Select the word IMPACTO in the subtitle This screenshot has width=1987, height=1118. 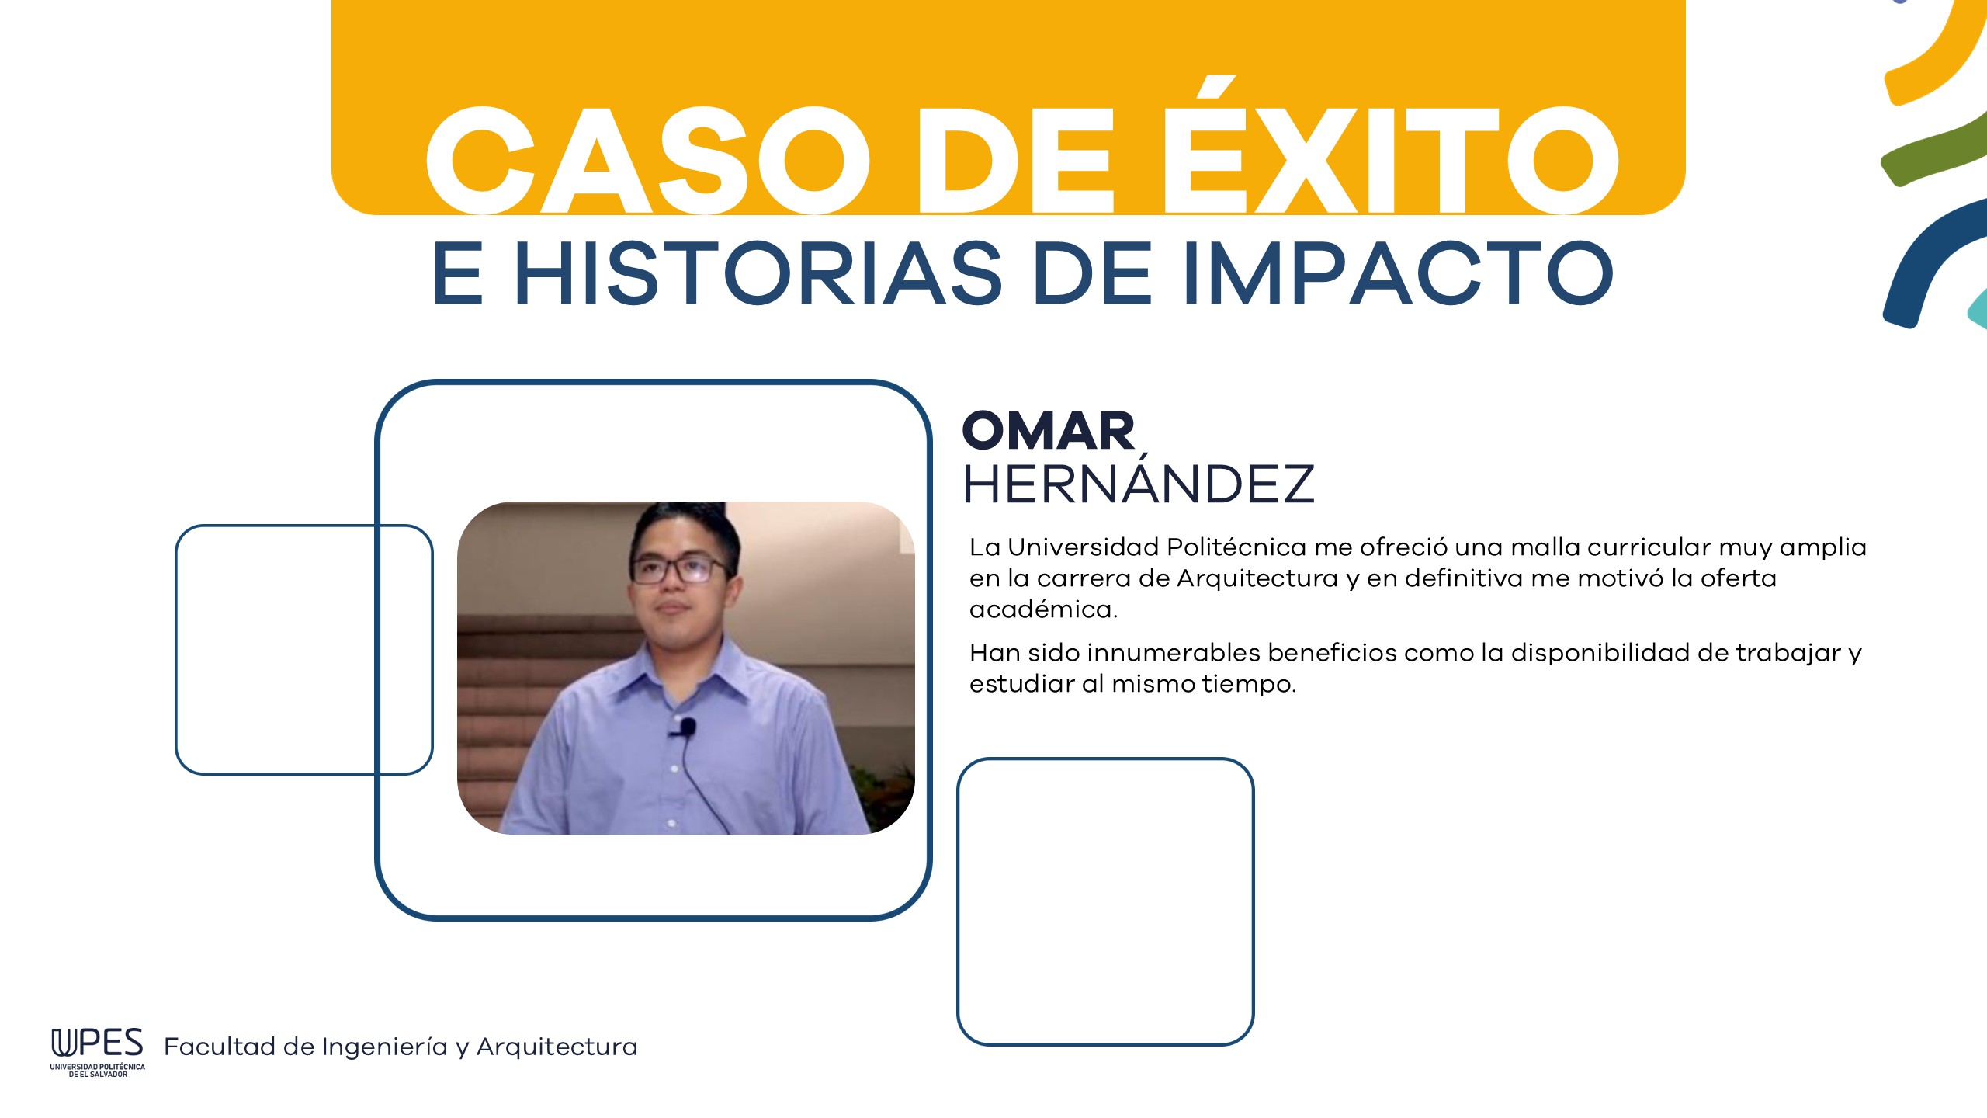pos(1398,273)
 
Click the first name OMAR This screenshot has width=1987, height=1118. pos(1049,431)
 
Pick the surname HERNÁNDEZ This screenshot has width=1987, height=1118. pos(1139,481)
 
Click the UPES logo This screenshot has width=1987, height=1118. pos(98,1053)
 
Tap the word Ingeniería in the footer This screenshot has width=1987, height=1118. pos(385,1047)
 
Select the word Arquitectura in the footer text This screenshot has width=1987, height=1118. pos(557,1047)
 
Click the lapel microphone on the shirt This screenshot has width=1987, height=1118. pos(685,728)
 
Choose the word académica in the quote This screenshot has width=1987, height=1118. pos(1043,609)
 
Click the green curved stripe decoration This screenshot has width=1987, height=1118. pos(1932,152)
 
